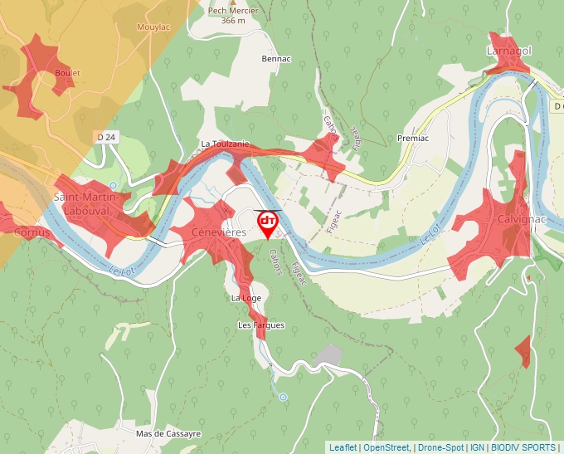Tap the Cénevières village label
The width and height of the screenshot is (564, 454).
click(x=218, y=233)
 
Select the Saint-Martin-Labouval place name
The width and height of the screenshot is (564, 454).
click(x=92, y=203)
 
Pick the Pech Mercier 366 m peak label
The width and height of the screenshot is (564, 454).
click(x=233, y=16)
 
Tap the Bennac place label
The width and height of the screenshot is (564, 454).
click(x=276, y=60)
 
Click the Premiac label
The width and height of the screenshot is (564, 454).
click(x=412, y=138)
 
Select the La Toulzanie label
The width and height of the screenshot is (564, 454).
click(x=224, y=144)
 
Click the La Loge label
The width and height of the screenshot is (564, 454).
click(x=246, y=297)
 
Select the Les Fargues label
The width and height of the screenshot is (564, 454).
click(x=261, y=325)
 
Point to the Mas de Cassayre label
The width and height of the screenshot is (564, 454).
click(x=168, y=434)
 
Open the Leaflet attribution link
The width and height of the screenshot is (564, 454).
click(x=343, y=447)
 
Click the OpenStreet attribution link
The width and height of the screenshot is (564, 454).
click(x=386, y=447)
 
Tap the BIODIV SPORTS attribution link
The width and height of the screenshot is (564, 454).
click(x=523, y=447)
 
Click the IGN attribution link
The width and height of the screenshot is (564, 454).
click(x=477, y=447)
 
